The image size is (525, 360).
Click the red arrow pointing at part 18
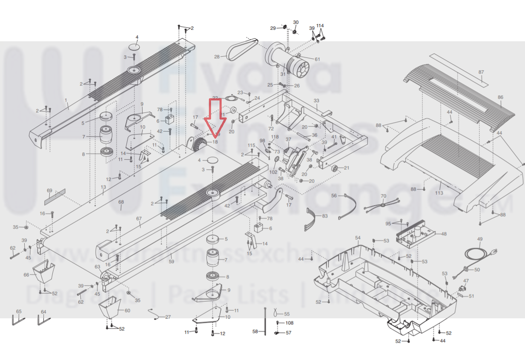215,117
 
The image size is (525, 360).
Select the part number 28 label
217,57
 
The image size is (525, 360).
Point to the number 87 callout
481,72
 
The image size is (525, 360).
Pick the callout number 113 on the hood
439,193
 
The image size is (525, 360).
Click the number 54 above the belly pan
358,238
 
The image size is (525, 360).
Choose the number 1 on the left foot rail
66,100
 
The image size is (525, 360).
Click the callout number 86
500,98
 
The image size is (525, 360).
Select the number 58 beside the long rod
255,331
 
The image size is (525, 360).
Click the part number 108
290,323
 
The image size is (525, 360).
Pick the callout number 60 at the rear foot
127,311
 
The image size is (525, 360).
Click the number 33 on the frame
316,101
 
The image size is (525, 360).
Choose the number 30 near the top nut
296,22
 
